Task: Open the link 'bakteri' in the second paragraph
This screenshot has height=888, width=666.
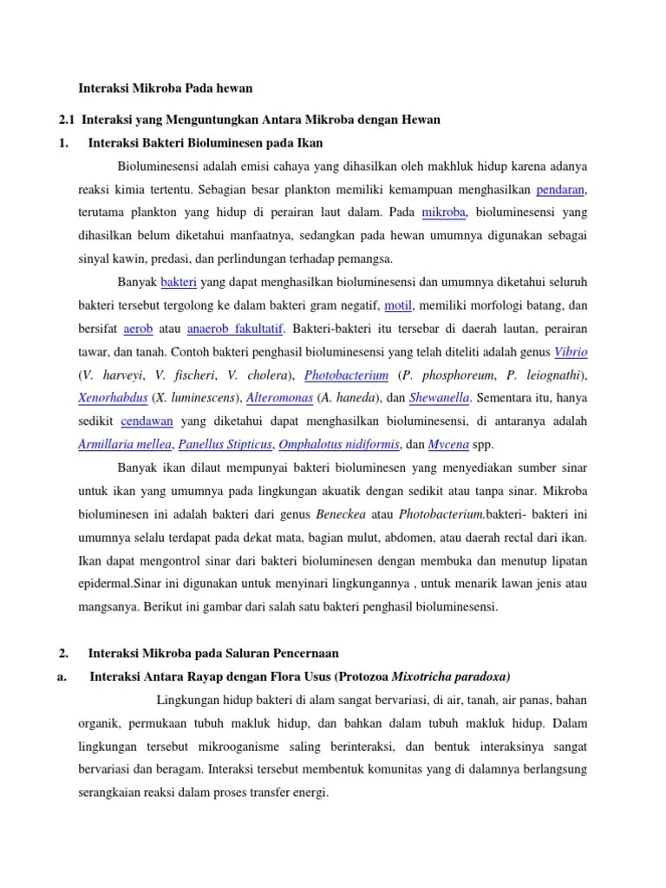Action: pyautogui.click(x=179, y=282)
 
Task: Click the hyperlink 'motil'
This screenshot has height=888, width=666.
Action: pyautogui.click(x=399, y=305)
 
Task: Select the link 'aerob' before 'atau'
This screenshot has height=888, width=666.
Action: pyautogui.click(x=138, y=329)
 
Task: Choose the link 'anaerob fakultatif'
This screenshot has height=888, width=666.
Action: pyautogui.click(x=237, y=329)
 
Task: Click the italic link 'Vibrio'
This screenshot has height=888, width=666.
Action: pyautogui.click(x=571, y=352)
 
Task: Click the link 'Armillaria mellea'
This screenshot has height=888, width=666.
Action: pyautogui.click(x=125, y=445)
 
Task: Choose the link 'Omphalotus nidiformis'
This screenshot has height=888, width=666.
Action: pyautogui.click(x=340, y=445)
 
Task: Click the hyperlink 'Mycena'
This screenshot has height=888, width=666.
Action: pyautogui.click(x=450, y=445)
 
